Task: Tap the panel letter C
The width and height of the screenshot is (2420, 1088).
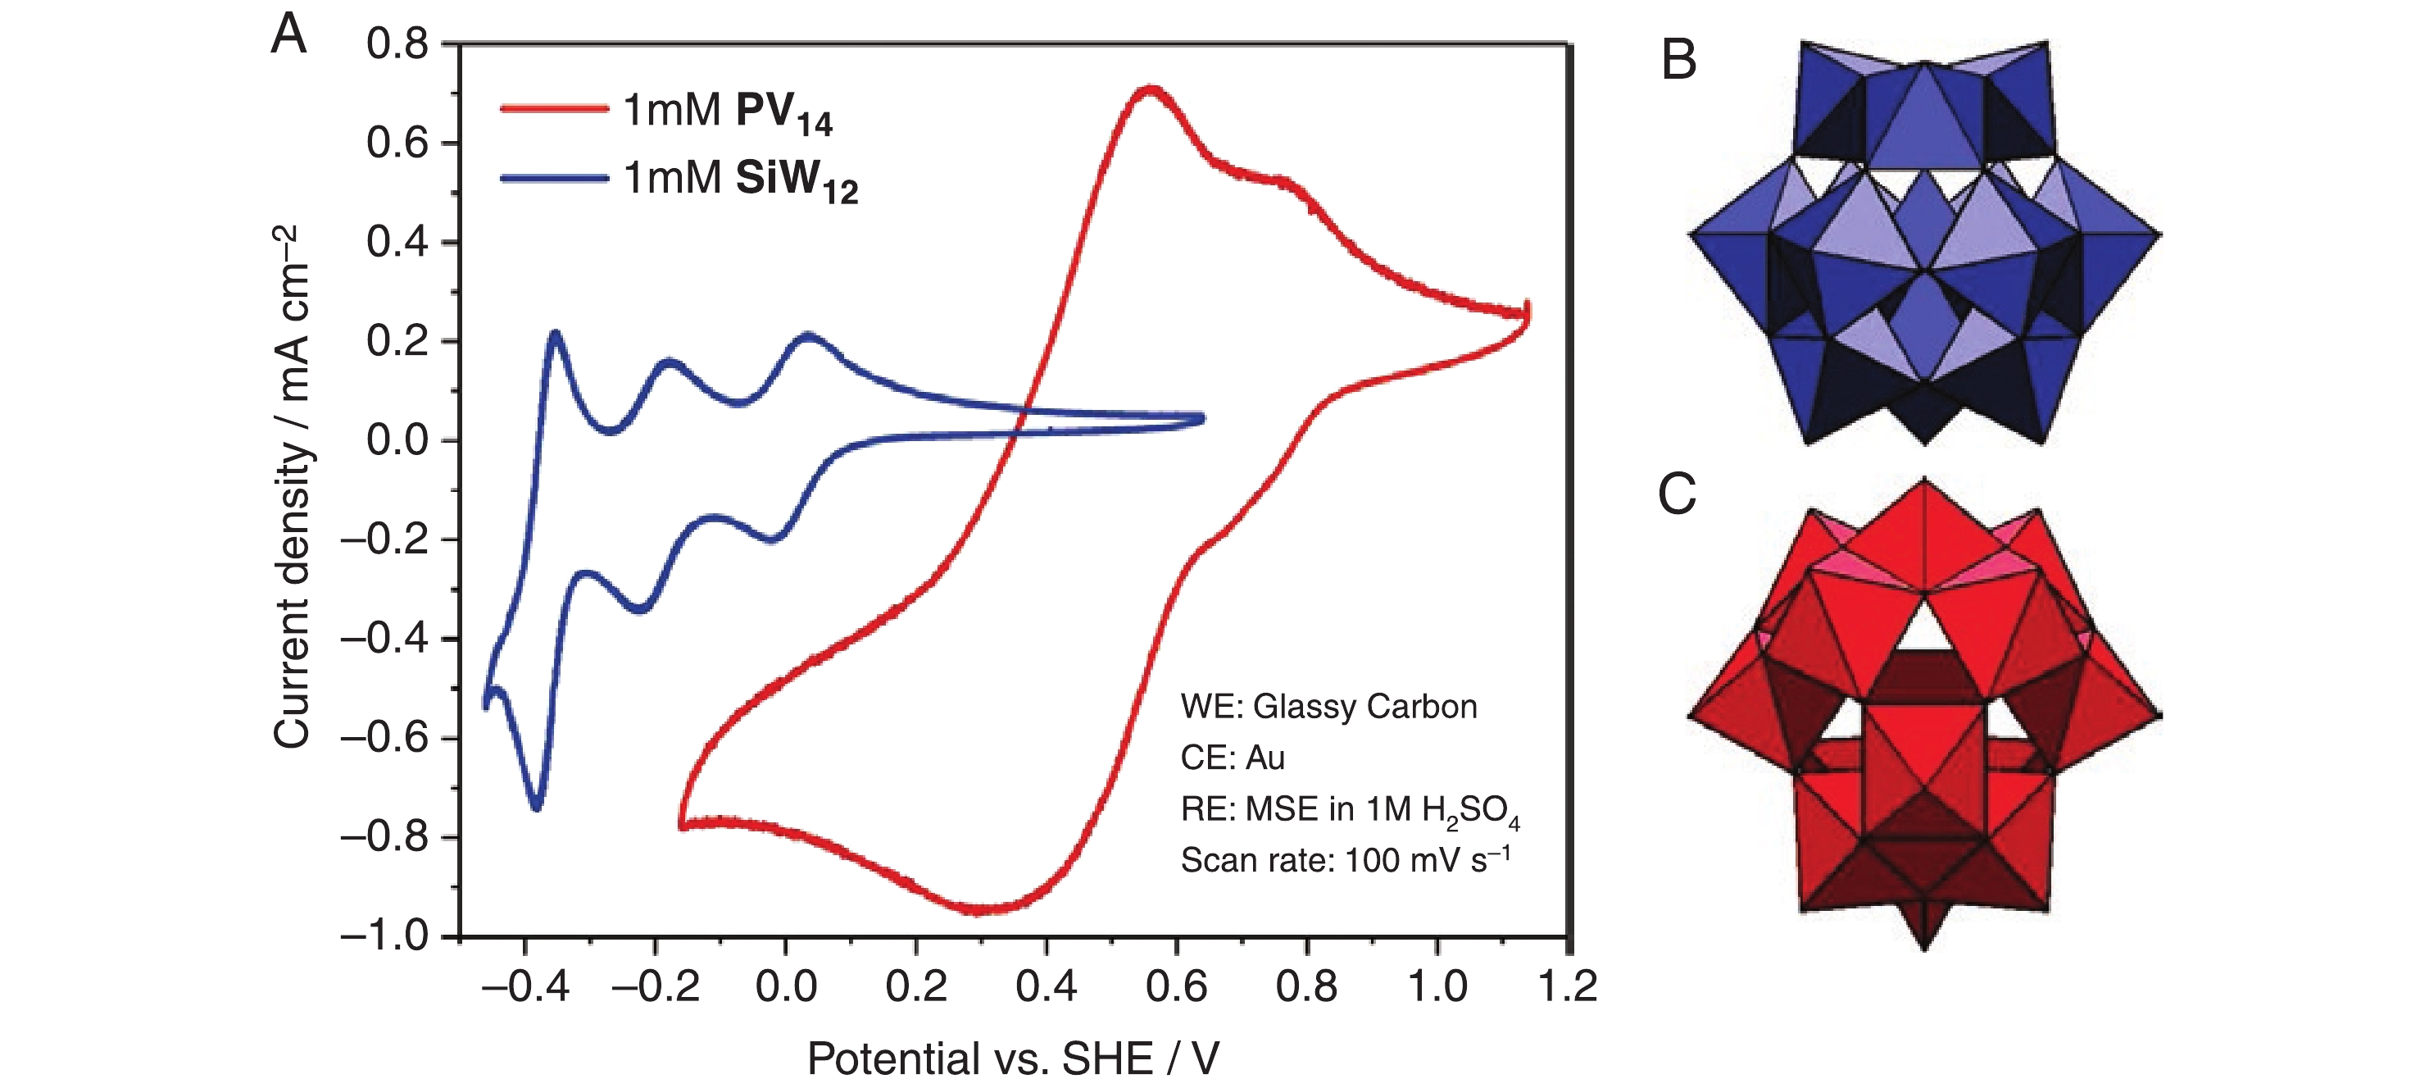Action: point(1677,494)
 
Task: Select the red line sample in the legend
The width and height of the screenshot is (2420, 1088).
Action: point(554,109)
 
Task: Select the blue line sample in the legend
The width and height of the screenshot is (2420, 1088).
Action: point(554,178)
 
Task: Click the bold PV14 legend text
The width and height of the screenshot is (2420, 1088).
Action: point(783,114)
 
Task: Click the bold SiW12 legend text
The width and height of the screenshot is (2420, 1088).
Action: point(797,180)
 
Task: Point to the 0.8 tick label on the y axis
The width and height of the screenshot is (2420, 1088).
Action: point(397,44)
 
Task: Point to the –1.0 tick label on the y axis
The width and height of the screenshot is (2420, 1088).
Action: point(384,935)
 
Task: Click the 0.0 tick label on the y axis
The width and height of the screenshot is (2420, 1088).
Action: point(397,440)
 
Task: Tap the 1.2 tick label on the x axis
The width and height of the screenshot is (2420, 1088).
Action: point(1567,986)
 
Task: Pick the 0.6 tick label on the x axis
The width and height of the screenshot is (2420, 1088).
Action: point(1176,986)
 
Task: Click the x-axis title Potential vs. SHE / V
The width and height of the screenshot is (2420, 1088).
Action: point(1013,1058)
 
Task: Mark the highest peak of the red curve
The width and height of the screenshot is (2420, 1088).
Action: point(1149,90)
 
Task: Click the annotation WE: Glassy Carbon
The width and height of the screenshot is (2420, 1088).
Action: point(1328,707)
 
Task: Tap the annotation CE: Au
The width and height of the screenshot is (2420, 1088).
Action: point(1233,758)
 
